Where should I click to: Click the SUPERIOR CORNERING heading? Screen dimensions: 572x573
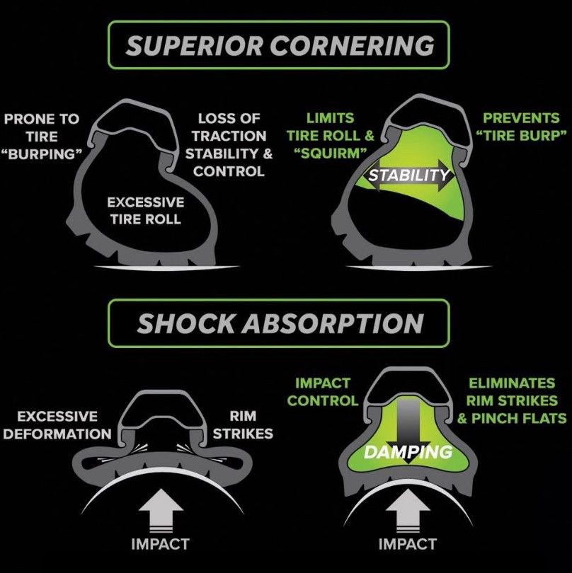(x=280, y=45)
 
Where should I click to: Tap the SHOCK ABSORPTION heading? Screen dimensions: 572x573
(x=280, y=323)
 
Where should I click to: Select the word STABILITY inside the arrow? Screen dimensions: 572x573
(x=408, y=175)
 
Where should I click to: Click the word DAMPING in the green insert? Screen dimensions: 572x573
(x=408, y=453)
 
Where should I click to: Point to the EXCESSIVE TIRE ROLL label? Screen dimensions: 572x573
(x=146, y=211)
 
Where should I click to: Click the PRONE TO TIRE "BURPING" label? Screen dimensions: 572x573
(x=42, y=137)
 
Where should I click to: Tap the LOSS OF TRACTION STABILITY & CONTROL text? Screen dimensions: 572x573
(x=229, y=145)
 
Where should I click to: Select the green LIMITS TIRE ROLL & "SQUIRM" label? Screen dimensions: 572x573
(x=331, y=136)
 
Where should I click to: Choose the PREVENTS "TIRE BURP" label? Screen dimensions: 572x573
(x=521, y=127)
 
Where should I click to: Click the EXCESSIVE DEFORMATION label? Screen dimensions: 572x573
(x=57, y=425)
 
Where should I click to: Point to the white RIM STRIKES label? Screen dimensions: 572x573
(x=243, y=424)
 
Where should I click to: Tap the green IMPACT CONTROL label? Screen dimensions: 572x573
(x=323, y=392)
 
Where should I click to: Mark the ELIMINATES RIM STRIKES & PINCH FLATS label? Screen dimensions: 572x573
(x=512, y=401)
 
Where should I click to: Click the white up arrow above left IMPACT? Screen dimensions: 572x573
(x=160, y=512)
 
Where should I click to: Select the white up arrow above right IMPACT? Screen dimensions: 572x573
(x=408, y=511)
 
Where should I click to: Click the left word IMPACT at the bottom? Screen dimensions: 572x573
(x=160, y=544)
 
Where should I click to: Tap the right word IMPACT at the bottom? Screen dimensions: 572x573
(x=408, y=544)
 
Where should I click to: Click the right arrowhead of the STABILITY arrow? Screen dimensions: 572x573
(x=447, y=175)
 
